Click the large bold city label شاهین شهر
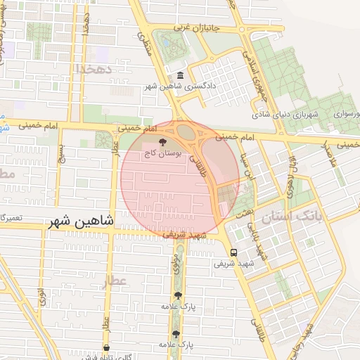[82, 221]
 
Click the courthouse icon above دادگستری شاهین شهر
[181, 76]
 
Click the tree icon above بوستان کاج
[164, 141]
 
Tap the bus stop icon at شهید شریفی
[233, 252]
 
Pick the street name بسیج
[61, 153]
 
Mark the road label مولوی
[174, 262]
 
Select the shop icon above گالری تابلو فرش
[106, 347]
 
